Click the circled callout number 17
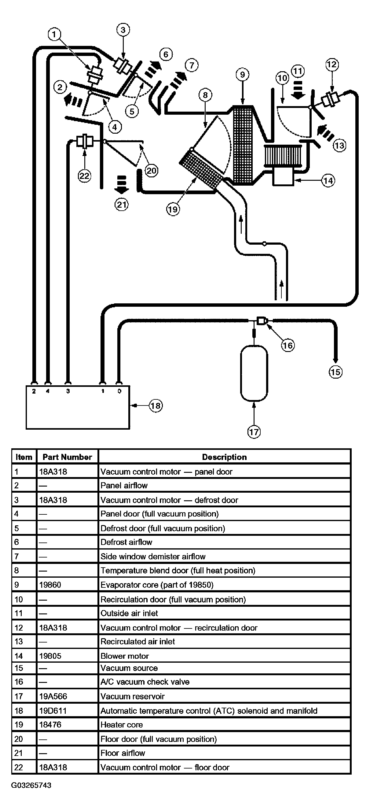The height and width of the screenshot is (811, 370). pyautogui.click(x=254, y=431)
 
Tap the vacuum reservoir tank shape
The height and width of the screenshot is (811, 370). pyautogui.click(x=254, y=373)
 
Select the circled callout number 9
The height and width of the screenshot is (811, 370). pyautogui.click(x=242, y=75)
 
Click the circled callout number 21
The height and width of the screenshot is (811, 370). pyautogui.click(x=121, y=205)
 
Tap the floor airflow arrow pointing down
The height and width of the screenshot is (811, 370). pyautogui.click(x=121, y=185)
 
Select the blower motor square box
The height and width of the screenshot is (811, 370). pyautogui.click(x=283, y=177)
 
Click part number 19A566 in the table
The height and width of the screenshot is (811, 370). pyautogui.click(x=53, y=696)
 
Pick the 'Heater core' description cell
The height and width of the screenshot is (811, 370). pyautogui.click(x=121, y=724)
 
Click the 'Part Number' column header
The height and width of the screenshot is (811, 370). pyautogui.click(x=67, y=457)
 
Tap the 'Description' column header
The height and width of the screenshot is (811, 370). pyautogui.click(x=224, y=457)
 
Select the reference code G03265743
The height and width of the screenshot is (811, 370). pyautogui.click(x=31, y=785)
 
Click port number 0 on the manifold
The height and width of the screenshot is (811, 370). pyautogui.click(x=119, y=391)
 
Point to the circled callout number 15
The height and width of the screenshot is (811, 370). pyautogui.click(x=335, y=372)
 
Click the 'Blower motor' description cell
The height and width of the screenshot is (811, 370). pyautogui.click(x=125, y=656)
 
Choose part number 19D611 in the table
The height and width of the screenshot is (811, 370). pyautogui.click(x=53, y=711)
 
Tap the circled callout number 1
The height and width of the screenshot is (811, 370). pyautogui.click(x=54, y=34)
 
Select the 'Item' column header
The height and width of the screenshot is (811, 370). pyautogui.click(x=24, y=457)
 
